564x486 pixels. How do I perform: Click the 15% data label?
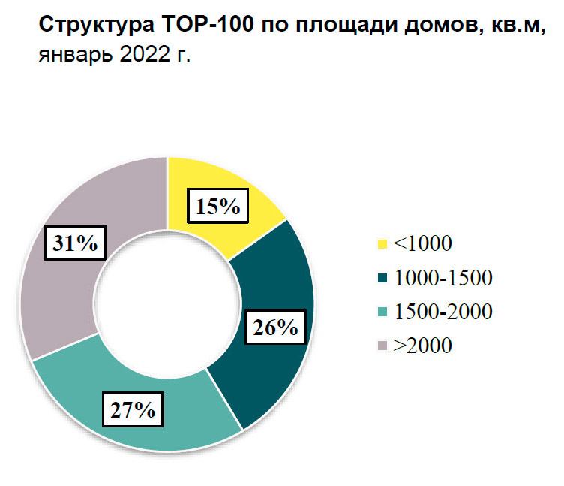[x=218, y=206]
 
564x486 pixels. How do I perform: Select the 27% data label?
[x=133, y=410]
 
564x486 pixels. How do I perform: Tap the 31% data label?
[x=74, y=244]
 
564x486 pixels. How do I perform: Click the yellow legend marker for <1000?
[x=382, y=243]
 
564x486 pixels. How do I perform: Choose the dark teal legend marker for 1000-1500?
[x=382, y=278]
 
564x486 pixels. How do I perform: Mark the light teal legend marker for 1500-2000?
[x=382, y=312]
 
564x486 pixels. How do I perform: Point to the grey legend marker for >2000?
[x=382, y=346]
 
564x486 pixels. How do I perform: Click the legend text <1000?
[x=424, y=243]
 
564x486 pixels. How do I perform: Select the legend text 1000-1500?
[x=443, y=278]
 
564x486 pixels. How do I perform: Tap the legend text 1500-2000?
[x=443, y=312]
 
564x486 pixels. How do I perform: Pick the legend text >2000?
[x=424, y=346]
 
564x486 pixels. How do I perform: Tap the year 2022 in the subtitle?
[x=142, y=55]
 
